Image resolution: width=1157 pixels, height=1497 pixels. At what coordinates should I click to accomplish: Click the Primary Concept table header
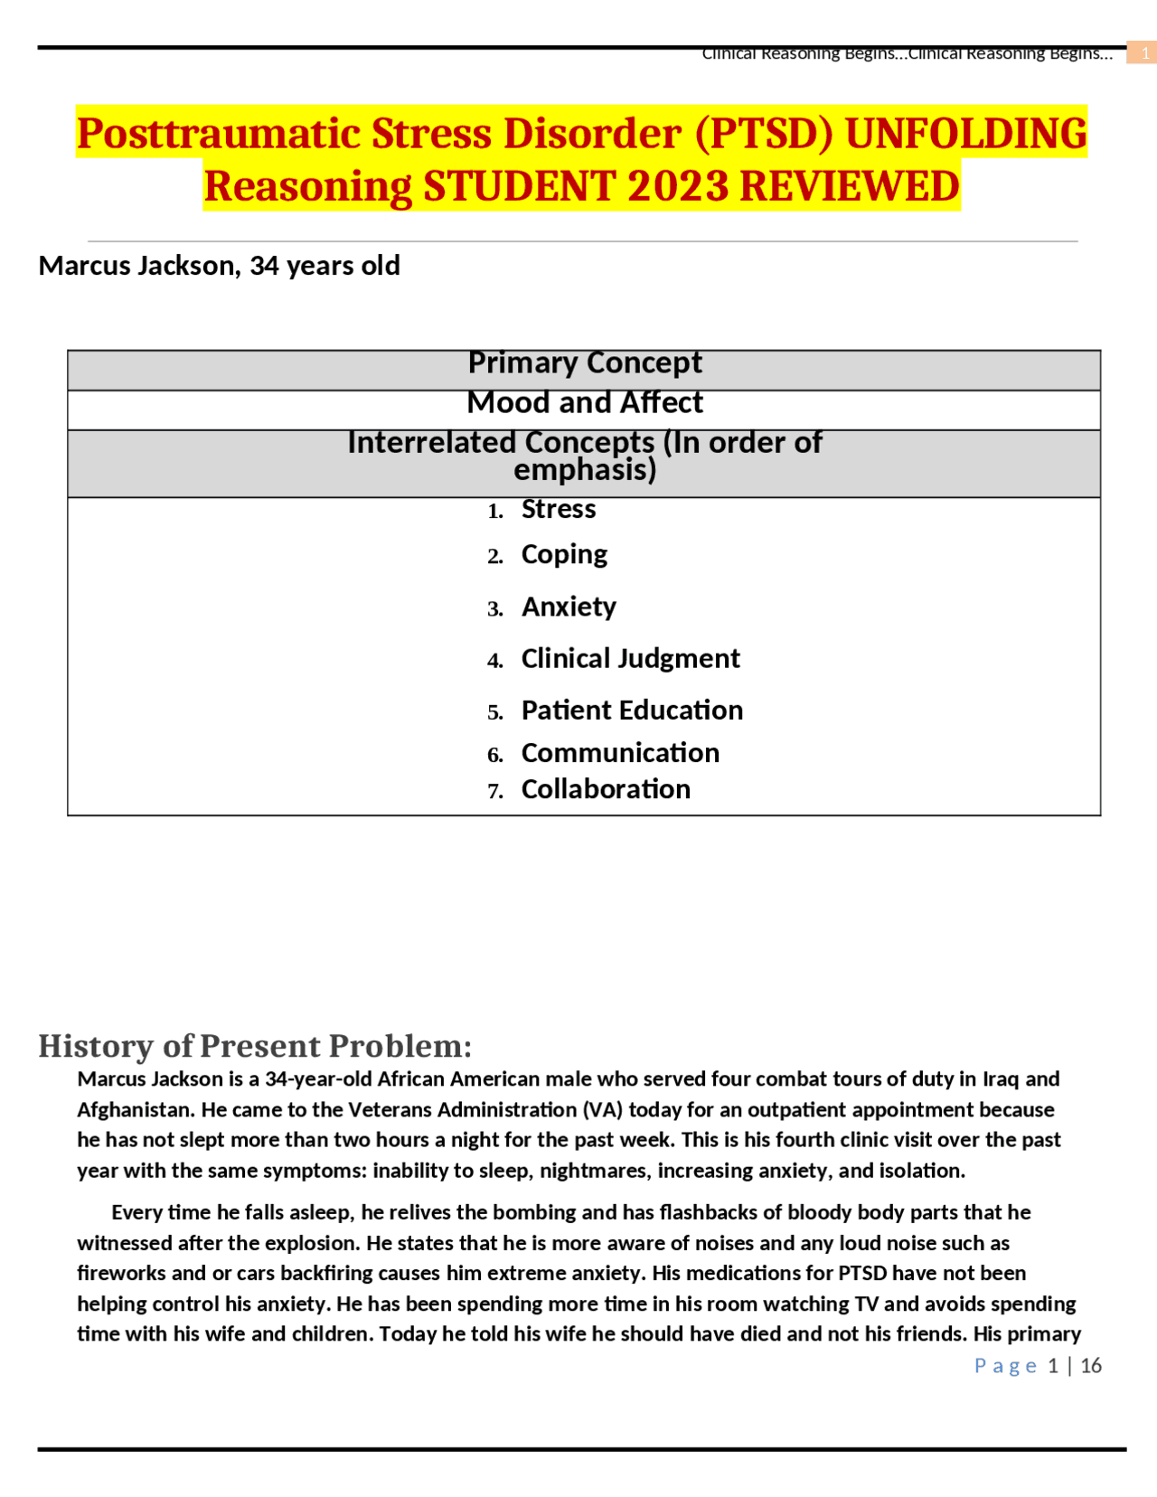(x=584, y=363)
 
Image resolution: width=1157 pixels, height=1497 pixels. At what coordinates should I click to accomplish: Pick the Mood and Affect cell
(x=584, y=403)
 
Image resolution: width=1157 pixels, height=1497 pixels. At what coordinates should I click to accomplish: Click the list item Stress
(x=558, y=510)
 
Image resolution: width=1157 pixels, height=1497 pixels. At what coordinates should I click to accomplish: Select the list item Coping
(x=564, y=554)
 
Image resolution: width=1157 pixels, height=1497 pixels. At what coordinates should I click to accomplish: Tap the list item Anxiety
(x=569, y=607)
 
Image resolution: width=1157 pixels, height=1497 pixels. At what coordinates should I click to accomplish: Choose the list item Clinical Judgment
(x=630, y=659)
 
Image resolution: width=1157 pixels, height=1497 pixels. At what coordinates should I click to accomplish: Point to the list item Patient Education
(x=632, y=711)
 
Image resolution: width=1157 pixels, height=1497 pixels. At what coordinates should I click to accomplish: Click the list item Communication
(x=620, y=753)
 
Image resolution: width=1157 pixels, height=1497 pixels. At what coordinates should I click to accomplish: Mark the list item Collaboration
(x=606, y=789)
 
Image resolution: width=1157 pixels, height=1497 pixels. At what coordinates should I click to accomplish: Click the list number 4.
(x=494, y=661)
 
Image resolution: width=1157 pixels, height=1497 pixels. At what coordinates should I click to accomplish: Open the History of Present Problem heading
(x=255, y=1046)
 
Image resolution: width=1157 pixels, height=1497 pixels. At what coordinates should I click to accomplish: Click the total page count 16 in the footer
(x=1091, y=1366)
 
